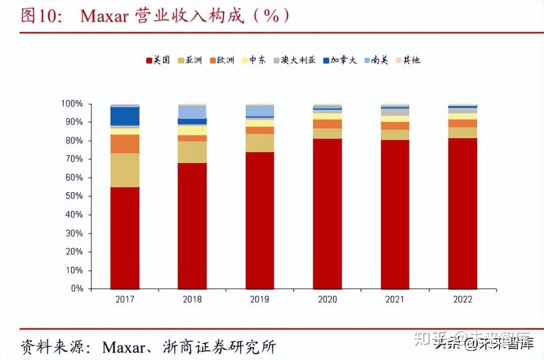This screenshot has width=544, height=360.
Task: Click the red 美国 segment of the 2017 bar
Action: (125, 238)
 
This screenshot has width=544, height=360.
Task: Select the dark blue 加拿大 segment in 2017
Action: (125, 116)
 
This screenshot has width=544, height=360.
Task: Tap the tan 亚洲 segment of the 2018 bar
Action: (192, 152)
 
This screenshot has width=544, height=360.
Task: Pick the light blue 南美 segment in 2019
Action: (260, 111)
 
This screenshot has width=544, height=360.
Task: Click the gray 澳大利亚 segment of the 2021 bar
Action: (395, 112)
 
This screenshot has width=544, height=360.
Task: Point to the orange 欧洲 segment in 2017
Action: (125, 144)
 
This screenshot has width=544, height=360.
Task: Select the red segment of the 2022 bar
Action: (462, 213)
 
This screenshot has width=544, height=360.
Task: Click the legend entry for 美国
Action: (158, 60)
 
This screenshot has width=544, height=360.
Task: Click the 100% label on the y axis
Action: (72, 104)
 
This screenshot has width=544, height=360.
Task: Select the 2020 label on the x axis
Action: (327, 300)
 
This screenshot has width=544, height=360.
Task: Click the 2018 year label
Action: (192, 300)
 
